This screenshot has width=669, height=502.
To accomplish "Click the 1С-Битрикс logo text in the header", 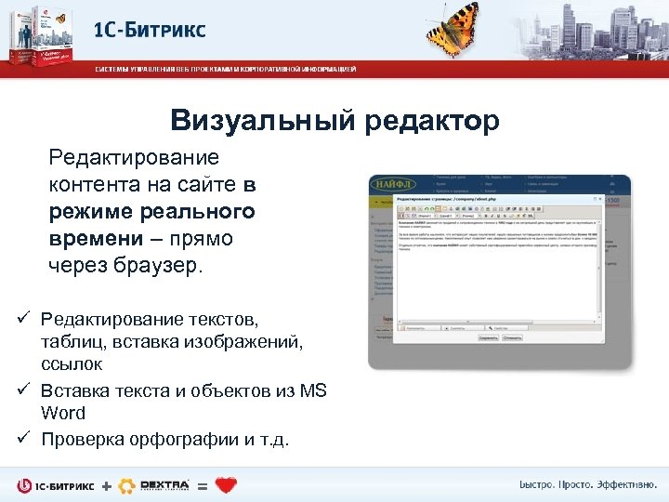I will (x=149, y=30).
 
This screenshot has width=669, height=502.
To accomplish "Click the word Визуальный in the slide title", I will (x=264, y=121).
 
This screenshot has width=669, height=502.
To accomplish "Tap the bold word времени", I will (x=97, y=239).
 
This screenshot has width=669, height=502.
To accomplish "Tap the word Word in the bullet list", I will (x=63, y=414).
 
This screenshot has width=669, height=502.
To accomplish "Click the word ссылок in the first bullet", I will (x=72, y=365).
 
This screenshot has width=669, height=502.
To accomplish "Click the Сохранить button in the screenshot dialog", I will (x=489, y=338).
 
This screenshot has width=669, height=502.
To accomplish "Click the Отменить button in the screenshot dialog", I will (x=514, y=338).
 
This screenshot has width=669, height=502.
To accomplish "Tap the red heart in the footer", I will (x=225, y=485).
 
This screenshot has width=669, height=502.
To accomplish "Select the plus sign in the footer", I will (x=106, y=486).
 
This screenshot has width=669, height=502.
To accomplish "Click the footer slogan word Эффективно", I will (x=622, y=486).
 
